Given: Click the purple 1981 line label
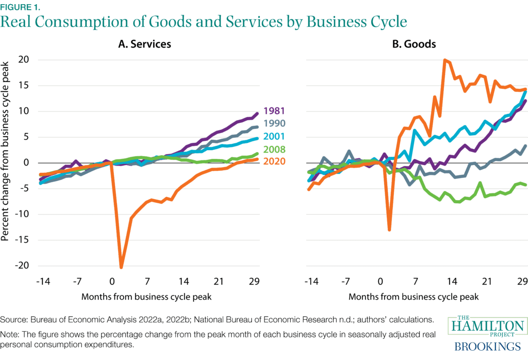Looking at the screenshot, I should (x=274, y=111).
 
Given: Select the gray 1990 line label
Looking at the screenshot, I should (x=274, y=124).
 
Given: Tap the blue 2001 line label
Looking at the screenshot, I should (x=274, y=137).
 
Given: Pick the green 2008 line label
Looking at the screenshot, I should (x=274, y=150).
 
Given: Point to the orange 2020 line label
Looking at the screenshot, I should (x=274, y=162).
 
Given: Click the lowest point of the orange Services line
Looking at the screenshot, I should (x=121, y=267).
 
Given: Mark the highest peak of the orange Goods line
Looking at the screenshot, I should (x=444, y=60).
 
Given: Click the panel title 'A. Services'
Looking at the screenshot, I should (x=144, y=44).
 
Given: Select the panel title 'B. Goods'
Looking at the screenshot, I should (x=414, y=44).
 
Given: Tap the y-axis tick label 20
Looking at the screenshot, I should (x=23, y=60).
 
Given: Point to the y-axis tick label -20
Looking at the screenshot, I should (x=21, y=266).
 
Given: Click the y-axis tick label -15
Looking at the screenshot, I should (x=21, y=240).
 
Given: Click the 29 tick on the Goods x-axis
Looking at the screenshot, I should (x=521, y=282).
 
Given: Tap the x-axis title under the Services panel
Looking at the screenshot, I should (x=146, y=297).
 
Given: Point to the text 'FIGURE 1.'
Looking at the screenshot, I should (x=20, y=7).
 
